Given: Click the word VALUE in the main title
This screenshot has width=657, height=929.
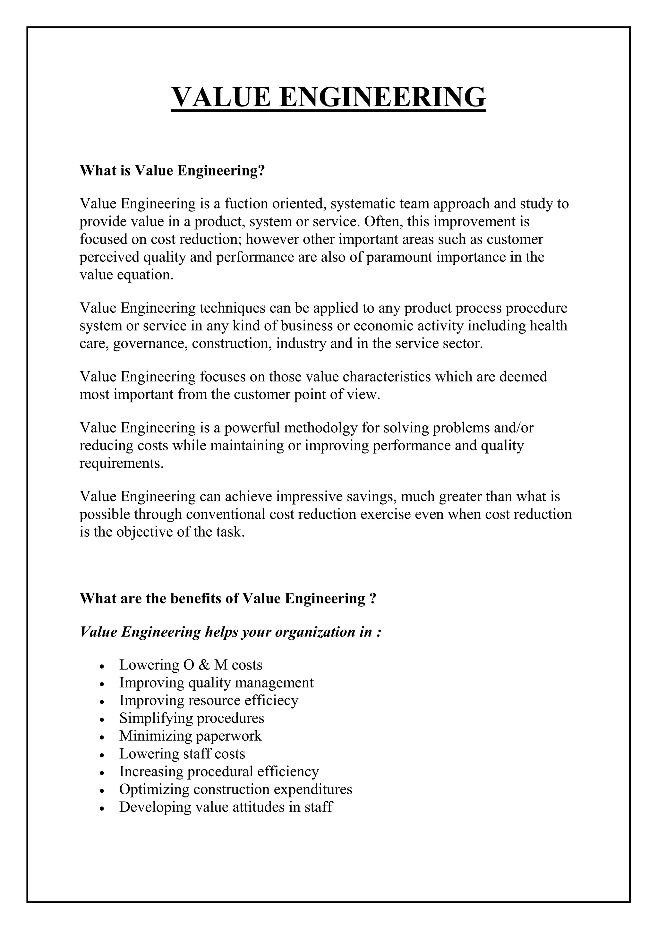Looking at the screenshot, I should pyautogui.click(x=221, y=97).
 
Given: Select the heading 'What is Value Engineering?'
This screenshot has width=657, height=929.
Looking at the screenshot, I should pyautogui.click(x=172, y=171).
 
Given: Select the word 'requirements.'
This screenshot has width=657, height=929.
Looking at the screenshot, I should pyautogui.click(x=121, y=463).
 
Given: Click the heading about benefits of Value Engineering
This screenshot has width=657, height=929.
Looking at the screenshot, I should pyautogui.click(x=228, y=598).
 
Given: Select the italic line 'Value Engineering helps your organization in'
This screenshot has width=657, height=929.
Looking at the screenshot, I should pyautogui.click(x=230, y=632).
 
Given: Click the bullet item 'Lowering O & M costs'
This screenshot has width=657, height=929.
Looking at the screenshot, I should pyautogui.click(x=191, y=665).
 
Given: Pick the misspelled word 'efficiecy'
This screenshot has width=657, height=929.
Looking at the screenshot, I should pyautogui.click(x=271, y=700).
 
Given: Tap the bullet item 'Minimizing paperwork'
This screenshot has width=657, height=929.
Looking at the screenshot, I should pyautogui.click(x=190, y=736).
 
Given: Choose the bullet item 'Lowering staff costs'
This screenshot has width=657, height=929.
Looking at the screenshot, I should pyautogui.click(x=182, y=754).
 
